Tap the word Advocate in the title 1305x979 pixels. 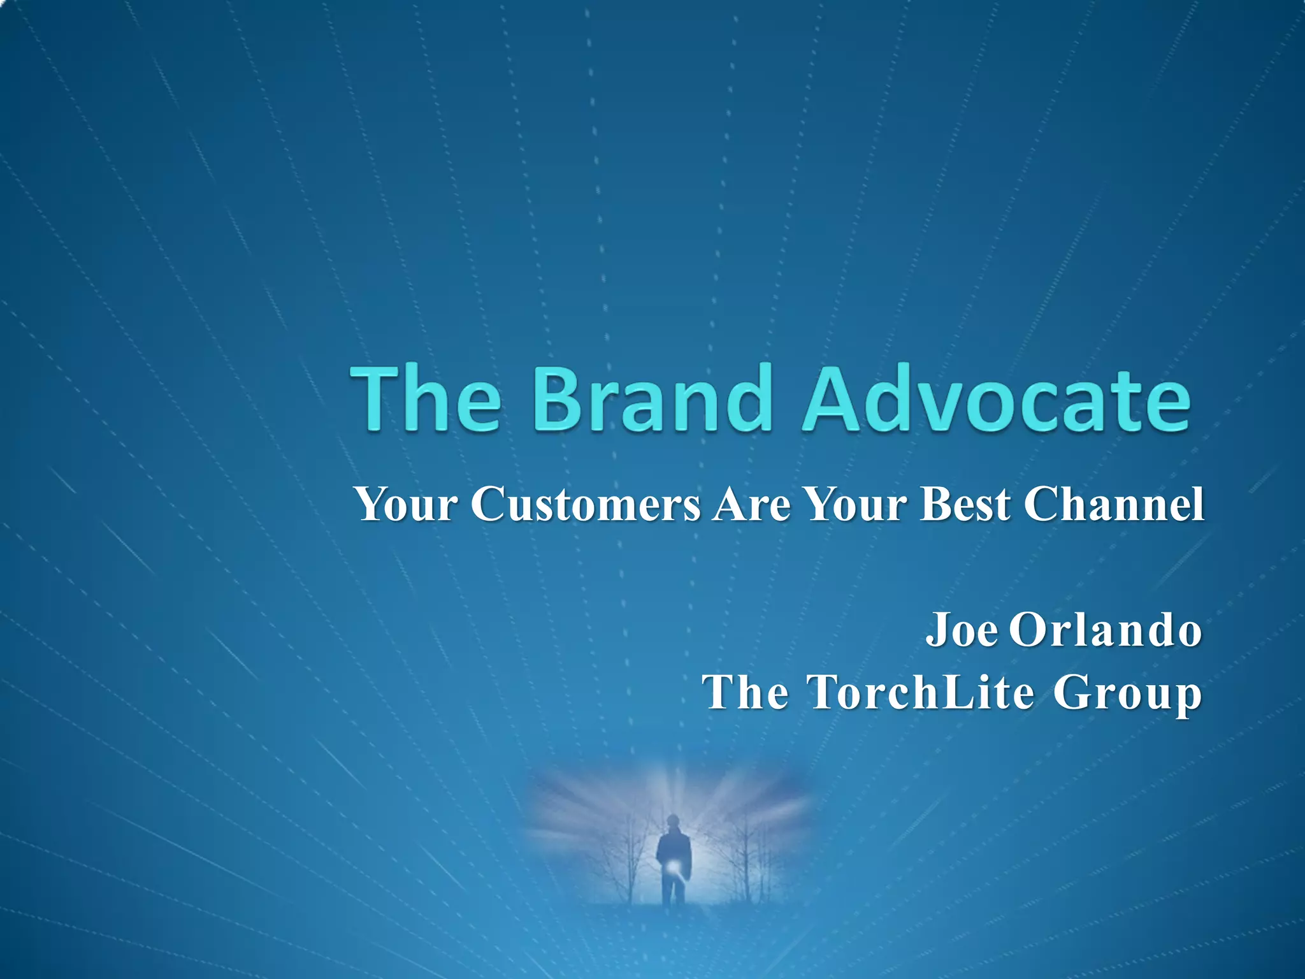tap(995, 399)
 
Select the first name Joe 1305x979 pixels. tap(962, 630)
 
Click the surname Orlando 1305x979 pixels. tap(1106, 630)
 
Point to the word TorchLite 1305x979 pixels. tap(920, 692)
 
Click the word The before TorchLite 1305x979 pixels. tap(745, 692)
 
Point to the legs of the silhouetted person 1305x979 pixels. tap(672, 889)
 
